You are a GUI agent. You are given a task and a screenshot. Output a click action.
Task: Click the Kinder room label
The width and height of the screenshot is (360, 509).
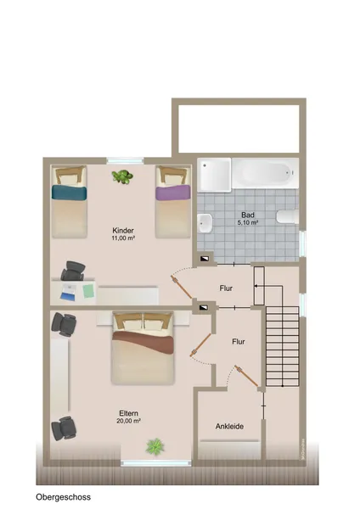point(123,231)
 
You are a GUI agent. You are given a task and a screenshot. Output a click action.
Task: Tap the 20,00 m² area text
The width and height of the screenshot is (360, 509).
point(129,421)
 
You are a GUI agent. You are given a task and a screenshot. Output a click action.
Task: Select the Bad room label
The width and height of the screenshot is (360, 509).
point(248,215)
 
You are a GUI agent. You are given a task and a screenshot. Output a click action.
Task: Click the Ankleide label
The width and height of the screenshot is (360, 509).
point(229,426)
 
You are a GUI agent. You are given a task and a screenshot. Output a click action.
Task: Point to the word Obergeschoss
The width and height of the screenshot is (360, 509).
point(64,497)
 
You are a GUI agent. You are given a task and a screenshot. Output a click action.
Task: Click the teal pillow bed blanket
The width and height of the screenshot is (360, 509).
point(70,192)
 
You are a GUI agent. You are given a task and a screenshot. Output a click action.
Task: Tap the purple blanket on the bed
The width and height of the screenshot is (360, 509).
point(173,193)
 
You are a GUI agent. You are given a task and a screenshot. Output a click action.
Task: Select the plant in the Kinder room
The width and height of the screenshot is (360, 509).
point(122,176)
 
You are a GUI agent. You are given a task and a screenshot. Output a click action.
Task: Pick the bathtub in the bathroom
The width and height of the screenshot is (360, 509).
point(265,173)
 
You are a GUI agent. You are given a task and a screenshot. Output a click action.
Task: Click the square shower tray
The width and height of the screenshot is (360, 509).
point(215,174)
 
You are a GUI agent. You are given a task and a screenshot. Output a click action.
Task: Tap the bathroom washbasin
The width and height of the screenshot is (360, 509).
point(205,222)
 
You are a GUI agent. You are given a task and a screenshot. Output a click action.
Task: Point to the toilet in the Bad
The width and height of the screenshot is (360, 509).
point(288,217)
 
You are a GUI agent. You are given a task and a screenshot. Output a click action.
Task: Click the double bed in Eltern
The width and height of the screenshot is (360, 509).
point(143,348)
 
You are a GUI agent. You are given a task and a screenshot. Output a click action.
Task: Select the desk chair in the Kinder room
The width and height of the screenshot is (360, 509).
point(73,271)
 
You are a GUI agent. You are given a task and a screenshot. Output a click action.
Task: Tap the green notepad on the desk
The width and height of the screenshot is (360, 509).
point(88,291)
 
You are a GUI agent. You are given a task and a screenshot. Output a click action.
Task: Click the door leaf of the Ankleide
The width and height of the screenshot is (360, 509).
point(246,376)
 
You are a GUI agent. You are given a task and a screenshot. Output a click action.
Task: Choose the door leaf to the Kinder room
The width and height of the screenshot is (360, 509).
point(182,287)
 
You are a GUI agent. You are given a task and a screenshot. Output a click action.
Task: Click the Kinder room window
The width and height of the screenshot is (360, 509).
point(125,160)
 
